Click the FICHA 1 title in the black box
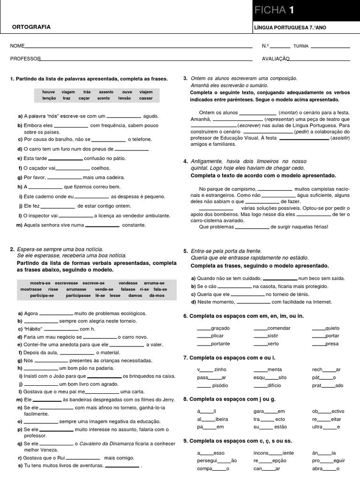(x=275, y=11)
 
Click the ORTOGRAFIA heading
(x=31, y=27)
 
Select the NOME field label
(x=17, y=46)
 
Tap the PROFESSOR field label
(x=25, y=59)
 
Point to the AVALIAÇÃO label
(x=276, y=59)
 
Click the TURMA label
(x=300, y=46)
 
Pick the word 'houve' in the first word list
(x=48, y=92)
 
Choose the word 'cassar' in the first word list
(x=146, y=98)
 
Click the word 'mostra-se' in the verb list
(x=40, y=283)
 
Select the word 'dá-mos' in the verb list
(x=157, y=296)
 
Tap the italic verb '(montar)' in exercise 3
(x=289, y=112)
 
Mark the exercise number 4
(x=185, y=161)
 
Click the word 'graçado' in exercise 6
(x=220, y=328)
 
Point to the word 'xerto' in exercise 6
(x=273, y=344)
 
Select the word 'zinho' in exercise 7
(x=220, y=369)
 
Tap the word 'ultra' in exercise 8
(x=317, y=427)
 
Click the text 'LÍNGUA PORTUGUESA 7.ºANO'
(x=290, y=28)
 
